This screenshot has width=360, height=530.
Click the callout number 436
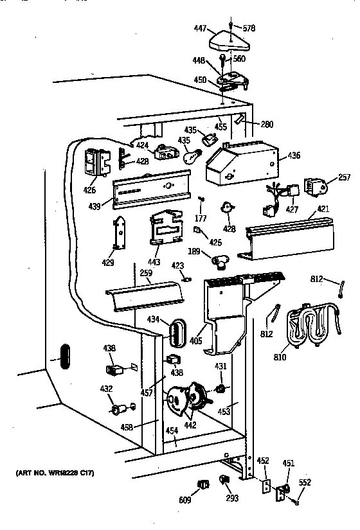pyautogui.click(x=294, y=155)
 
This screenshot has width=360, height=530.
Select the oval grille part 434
pyautogui.click(x=175, y=331)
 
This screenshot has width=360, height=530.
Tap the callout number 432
pyautogui.click(x=106, y=389)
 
